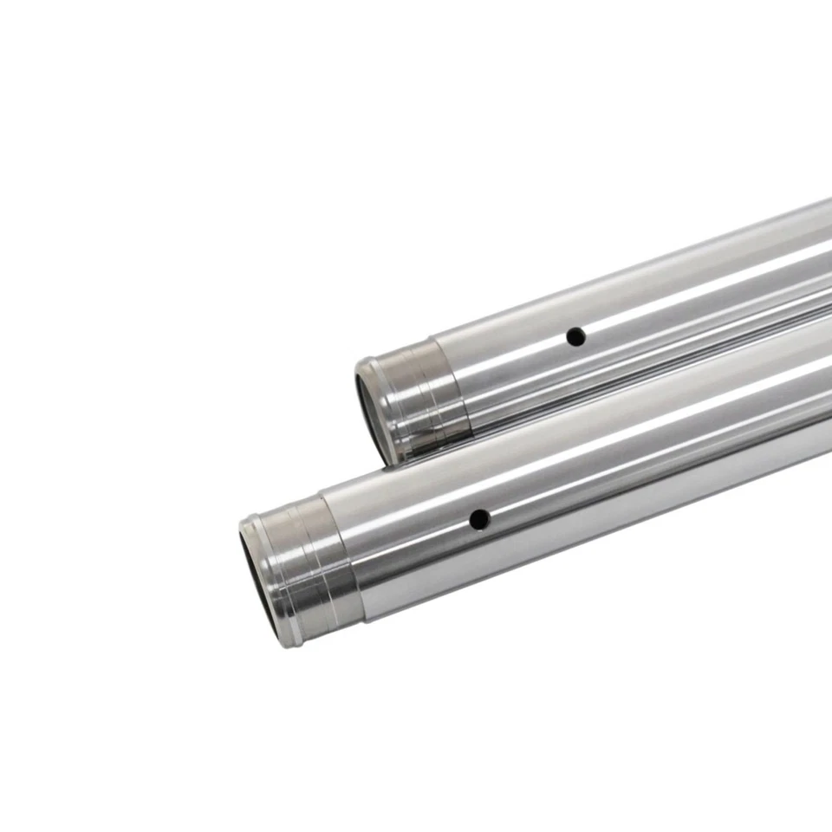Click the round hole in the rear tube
574,336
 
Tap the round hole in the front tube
478,519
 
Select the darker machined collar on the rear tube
416,390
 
